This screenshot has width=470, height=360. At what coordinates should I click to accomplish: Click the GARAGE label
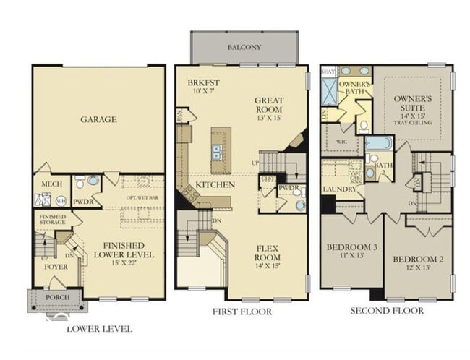[x=98, y=119]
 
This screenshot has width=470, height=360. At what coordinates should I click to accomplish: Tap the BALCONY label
[x=244, y=48]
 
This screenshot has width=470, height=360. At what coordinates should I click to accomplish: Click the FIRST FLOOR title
[x=242, y=312]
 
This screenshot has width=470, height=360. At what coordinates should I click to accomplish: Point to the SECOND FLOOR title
[x=387, y=311]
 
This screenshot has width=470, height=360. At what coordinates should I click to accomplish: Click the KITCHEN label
[x=215, y=185]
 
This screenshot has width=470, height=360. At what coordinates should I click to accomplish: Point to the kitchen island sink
[x=217, y=151]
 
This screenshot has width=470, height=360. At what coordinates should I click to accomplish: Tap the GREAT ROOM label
[x=269, y=106]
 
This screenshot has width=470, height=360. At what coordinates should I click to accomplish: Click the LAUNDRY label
[x=341, y=189]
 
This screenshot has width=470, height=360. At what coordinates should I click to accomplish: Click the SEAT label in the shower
[x=328, y=72]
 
